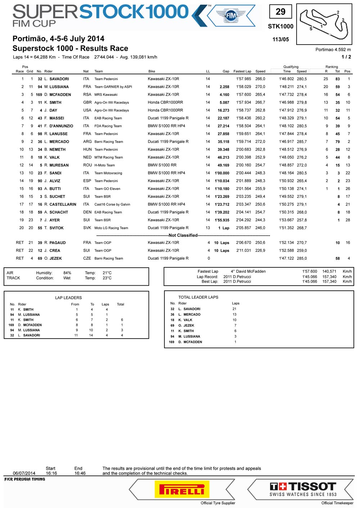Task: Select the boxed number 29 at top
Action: tap(280, 12)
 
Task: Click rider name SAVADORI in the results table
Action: tap(59, 79)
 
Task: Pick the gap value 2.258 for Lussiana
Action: tap(224, 87)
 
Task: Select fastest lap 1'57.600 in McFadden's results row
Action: tap(244, 95)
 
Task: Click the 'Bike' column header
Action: tap(152, 71)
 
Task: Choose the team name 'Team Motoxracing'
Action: tap(108, 173)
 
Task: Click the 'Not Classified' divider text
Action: tap(183, 235)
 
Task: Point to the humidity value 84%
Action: tap(67, 273)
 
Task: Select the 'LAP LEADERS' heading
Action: tap(68, 298)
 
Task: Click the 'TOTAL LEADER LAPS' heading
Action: tap(198, 297)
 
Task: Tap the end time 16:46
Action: tap(80, 473)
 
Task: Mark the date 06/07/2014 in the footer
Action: tap(24, 473)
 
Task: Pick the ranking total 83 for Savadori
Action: tap(338, 79)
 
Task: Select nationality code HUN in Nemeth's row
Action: tap(87, 149)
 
